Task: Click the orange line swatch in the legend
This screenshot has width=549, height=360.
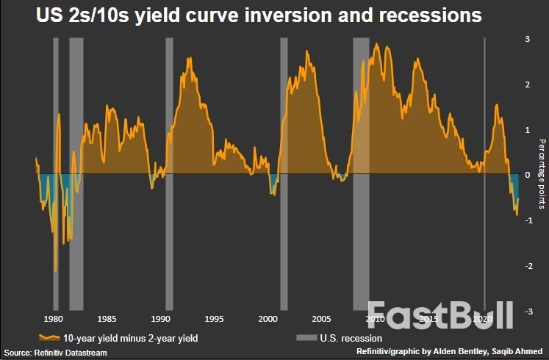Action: click(50, 338)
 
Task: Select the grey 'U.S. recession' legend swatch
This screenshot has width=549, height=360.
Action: click(305, 338)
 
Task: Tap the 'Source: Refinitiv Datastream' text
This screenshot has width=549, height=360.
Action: click(54, 353)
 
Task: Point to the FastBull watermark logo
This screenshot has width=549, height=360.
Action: click(439, 314)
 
